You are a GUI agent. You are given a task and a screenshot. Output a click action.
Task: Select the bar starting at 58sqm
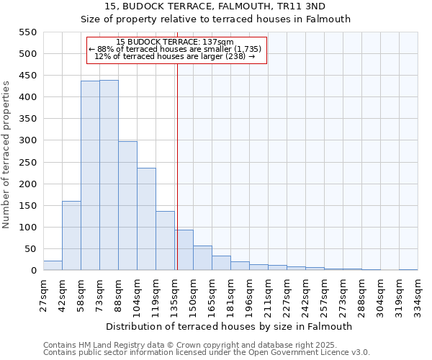click(x=90, y=176)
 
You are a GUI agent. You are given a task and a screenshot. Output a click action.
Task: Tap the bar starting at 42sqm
click(x=71, y=235)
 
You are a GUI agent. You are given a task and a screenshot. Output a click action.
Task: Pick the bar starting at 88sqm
click(x=127, y=206)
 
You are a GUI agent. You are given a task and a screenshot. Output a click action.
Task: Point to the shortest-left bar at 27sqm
click(x=53, y=266)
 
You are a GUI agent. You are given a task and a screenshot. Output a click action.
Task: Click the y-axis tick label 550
click(x=27, y=32)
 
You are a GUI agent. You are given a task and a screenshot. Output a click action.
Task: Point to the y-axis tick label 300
click(x=27, y=141)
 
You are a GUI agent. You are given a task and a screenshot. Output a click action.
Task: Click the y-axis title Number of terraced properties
click(x=6, y=155)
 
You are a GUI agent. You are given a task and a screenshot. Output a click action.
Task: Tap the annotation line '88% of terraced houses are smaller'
click(x=177, y=49)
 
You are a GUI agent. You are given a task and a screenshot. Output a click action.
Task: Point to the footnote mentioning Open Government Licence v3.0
click(x=207, y=353)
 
